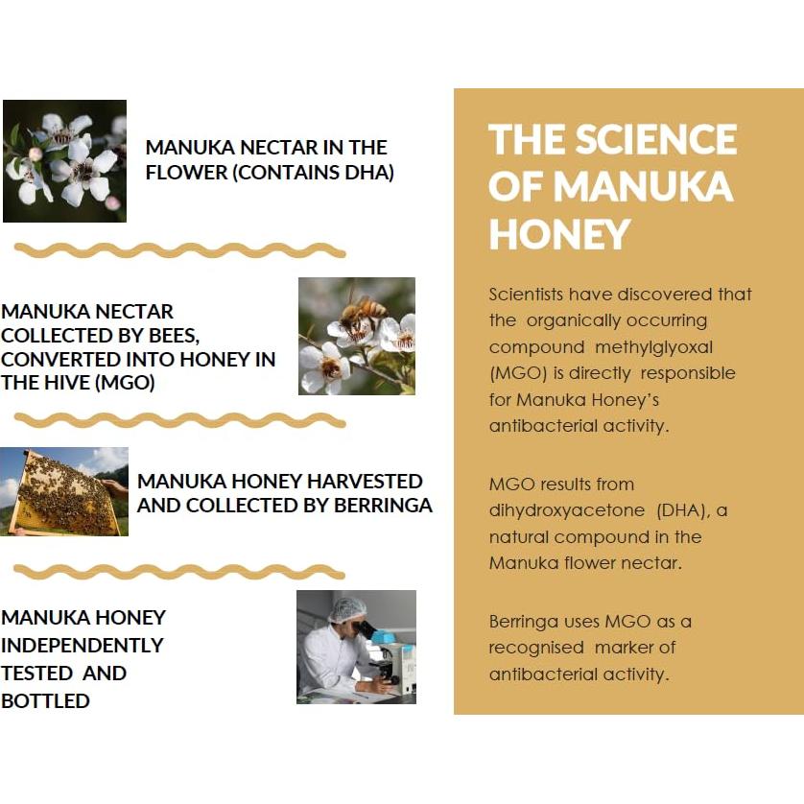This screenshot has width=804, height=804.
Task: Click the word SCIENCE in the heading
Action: tap(655, 140)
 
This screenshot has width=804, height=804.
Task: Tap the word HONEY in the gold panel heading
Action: tap(559, 233)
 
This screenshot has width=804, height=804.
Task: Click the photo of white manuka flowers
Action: tap(64, 161)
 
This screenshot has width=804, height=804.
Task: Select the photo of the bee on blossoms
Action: tap(356, 336)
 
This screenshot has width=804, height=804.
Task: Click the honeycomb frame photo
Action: tap(63, 491)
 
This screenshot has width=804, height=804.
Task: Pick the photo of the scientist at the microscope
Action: tap(356, 648)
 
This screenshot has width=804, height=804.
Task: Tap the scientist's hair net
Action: tap(346, 608)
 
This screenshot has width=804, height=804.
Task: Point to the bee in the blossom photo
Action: tap(362, 312)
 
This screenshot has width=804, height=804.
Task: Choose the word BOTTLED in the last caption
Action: tap(45, 700)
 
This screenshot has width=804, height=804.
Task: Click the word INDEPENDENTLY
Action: tap(83, 645)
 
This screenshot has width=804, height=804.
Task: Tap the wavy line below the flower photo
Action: tap(179, 249)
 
